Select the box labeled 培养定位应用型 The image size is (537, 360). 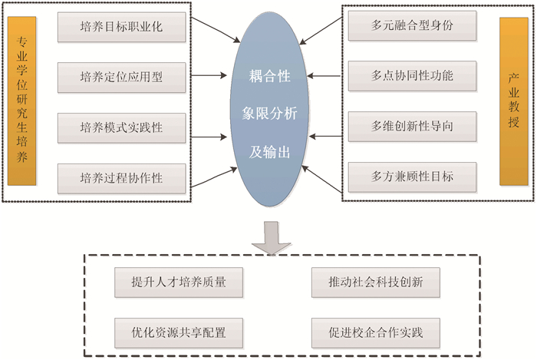[x=121, y=77]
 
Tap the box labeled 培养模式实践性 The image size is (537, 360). [x=121, y=126]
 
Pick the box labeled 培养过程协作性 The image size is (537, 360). [x=121, y=178]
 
